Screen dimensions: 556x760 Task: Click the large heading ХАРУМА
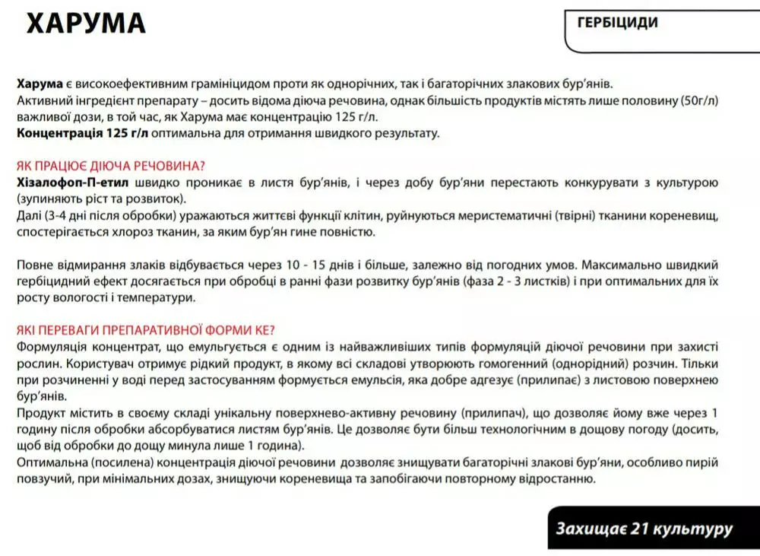point(86,24)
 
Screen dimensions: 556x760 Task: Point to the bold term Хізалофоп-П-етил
point(72,183)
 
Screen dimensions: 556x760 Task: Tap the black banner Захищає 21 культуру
point(644,528)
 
